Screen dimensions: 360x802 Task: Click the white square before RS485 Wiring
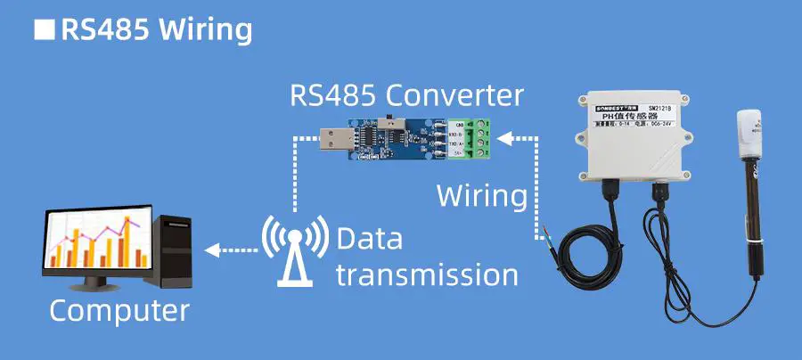pyautogui.click(x=45, y=29)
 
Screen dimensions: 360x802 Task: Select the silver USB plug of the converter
pyautogui.click(x=333, y=139)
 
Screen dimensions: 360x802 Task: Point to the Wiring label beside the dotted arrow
pyautogui.click(x=481, y=195)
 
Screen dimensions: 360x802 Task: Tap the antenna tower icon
pyautogui.click(x=292, y=250)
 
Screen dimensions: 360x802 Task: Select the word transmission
pyautogui.click(x=427, y=274)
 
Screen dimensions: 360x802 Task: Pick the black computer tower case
pyautogui.click(x=175, y=254)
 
